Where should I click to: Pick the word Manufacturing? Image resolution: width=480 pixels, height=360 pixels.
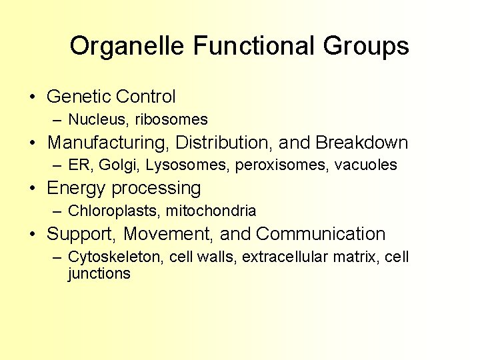[106, 143]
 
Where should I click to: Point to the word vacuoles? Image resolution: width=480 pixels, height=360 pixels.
[365, 165]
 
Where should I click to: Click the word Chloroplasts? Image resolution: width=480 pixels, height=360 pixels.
[113, 211]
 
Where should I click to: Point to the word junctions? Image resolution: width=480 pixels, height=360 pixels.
[99, 273]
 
